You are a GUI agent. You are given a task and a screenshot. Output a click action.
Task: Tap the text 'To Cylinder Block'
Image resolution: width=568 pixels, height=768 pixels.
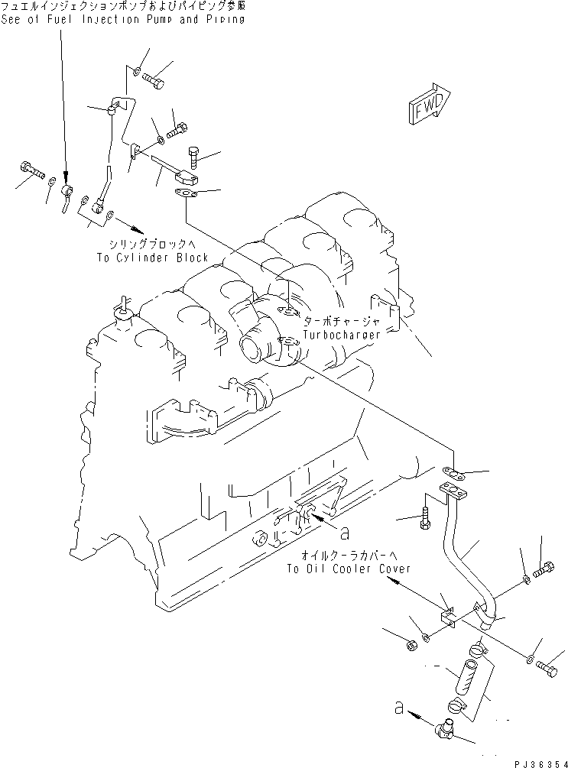[x=152, y=258]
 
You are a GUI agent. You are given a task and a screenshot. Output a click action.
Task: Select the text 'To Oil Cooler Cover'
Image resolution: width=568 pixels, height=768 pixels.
[x=348, y=569]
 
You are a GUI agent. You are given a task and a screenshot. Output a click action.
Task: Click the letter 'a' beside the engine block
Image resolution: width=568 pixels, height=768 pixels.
[x=345, y=528]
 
